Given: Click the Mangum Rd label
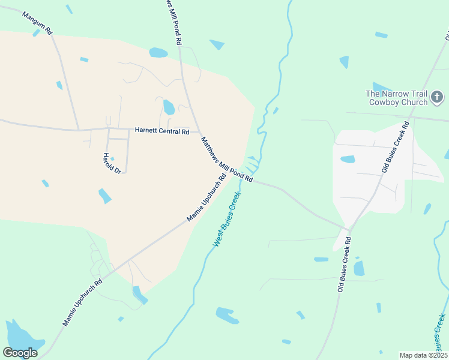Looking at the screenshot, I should click(x=37, y=22).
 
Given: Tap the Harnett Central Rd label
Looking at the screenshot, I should click(x=162, y=130).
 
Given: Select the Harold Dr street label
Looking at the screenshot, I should click(x=112, y=163).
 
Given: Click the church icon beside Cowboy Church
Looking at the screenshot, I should click(x=438, y=97).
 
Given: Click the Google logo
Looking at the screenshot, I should click(x=20, y=352).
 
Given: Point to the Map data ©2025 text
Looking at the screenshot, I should click(x=423, y=355).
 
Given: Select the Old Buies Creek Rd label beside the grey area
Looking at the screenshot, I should click(x=395, y=147).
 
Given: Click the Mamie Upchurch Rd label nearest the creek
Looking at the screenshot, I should click(x=206, y=197).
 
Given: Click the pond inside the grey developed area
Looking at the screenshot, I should click(x=348, y=159).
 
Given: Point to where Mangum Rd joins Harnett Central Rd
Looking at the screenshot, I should click(x=79, y=129).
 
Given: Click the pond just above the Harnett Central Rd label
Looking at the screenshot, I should click(x=169, y=107).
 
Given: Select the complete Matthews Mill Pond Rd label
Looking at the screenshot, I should click(x=227, y=159).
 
